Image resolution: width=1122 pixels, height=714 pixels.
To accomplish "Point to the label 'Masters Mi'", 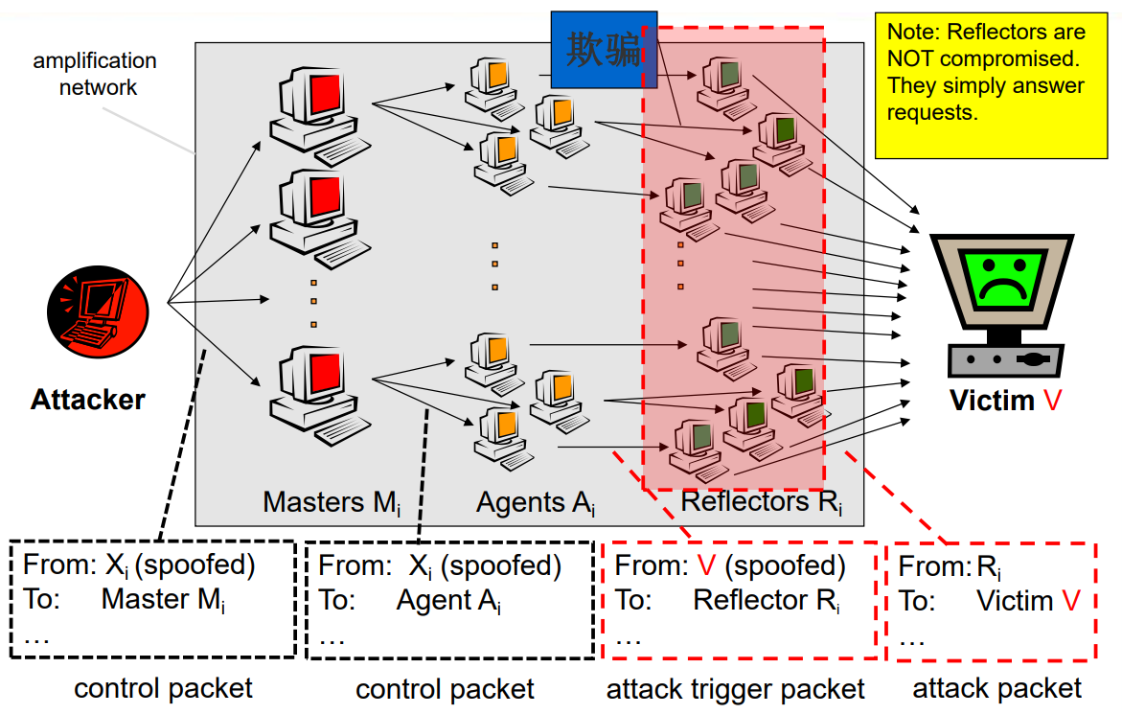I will coord(332,502).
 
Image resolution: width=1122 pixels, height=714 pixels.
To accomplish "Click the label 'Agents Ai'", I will coord(536,502).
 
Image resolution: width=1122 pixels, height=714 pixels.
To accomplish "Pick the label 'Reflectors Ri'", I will coord(761,502).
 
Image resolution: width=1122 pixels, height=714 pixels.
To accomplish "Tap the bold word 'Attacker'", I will coord(88,400).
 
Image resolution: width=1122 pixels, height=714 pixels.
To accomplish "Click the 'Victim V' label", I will coord(1005,400).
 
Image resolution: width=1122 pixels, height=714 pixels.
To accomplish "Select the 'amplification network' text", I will coord(96,74).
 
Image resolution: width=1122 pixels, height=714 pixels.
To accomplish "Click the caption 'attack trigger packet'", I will coord(736,688).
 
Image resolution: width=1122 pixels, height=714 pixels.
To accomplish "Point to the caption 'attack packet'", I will coord(996,688).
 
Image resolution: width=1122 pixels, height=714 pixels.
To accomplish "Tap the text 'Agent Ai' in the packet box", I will coord(448,601).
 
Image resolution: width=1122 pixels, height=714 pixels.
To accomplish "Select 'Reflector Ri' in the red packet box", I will coord(766,601).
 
